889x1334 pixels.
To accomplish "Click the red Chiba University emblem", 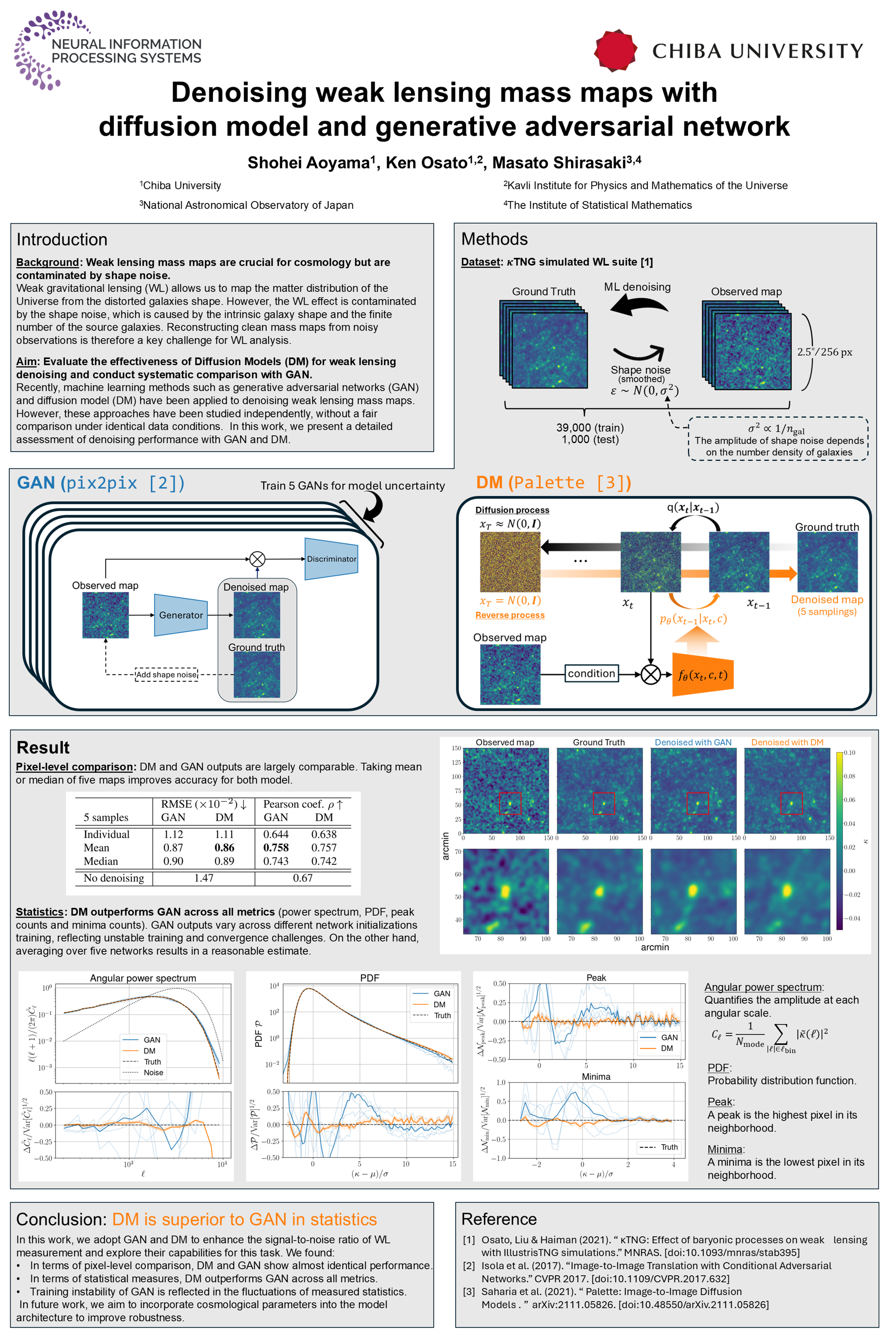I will tap(615, 50).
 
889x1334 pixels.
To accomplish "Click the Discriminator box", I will tap(331, 559).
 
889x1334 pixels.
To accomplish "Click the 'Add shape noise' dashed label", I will tap(166, 674).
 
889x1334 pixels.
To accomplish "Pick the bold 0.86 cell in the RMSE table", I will tap(224, 847).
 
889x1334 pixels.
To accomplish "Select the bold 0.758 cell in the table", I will tap(275, 847).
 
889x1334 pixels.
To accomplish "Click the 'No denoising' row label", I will tap(113, 878).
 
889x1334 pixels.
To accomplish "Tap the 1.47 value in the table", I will tap(204, 878).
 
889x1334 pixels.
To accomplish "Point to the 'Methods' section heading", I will tap(495, 239).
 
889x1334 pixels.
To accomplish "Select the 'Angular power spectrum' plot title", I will tap(143, 978).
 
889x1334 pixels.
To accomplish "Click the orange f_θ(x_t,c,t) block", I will tap(702, 674).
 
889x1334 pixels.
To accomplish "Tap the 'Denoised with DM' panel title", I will tap(787, 743).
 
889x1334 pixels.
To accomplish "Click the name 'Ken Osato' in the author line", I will tap(426, 164).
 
